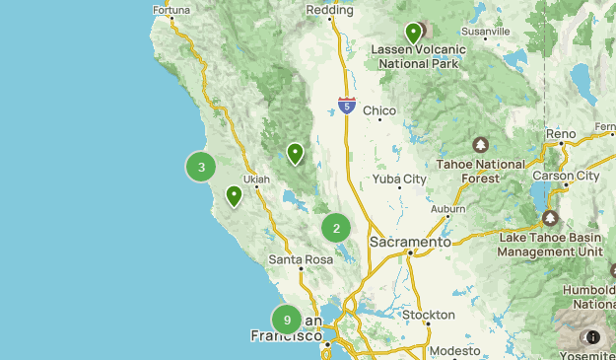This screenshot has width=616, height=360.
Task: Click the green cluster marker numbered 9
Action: [287, 320]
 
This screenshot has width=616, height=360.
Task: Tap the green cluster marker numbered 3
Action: [201, 167]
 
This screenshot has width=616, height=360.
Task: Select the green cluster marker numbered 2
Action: [336, 228]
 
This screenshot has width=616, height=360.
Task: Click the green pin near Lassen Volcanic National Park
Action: [413, 33]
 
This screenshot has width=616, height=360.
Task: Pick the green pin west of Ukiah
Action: [234, 195]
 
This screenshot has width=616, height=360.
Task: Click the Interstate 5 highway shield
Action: [346, 104]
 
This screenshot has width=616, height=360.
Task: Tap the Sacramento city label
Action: [410, 242]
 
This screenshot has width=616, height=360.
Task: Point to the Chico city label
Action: [379, 110]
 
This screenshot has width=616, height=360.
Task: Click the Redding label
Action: [329, 10]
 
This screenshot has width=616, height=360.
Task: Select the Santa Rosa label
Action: [302, 259]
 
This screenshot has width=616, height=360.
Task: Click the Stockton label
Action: [429, 315]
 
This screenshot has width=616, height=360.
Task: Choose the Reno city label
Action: [562, 133]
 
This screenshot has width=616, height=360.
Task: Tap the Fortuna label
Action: [171, 11]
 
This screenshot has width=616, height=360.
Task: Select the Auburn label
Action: [447, 209]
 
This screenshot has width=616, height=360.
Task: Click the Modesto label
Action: [454, 350]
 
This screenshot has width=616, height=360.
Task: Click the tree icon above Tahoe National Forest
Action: [481, 145]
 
